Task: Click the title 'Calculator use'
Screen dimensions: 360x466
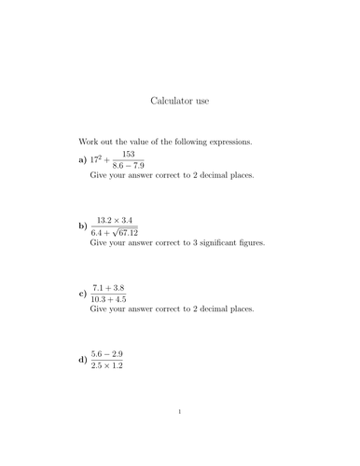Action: (179, 98)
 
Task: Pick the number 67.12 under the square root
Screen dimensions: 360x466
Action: (126, 233)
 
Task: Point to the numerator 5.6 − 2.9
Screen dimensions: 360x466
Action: (107, 352)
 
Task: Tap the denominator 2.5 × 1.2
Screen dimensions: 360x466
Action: (107, 365)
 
